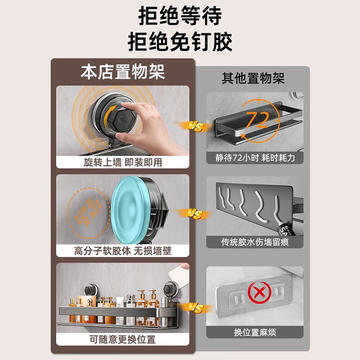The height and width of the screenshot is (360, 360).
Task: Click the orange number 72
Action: (x=257, y=120)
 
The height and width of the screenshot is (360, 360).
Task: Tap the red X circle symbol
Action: (x=260, y=292)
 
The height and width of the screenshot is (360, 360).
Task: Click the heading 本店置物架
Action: (x=123, y=72)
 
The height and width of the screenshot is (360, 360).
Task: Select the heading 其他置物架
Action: (x=253, y=78)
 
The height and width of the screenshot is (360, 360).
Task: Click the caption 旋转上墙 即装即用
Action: (x=123, y=163)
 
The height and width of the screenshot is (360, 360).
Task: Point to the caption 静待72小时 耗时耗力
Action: (x=255, y=158)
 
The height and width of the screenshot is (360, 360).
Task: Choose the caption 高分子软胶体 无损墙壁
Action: (x=123, y=251)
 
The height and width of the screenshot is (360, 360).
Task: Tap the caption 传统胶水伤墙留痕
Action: (x=255, y=242)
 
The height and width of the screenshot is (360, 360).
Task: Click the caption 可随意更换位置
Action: (x=123, y=339)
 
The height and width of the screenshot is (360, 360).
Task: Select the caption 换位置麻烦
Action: (x=255, y=332)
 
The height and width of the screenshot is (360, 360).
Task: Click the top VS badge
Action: (x=195, y=127)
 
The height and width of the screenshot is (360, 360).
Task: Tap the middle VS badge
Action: (x=195, y=214)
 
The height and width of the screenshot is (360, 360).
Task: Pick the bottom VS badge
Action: (x=195, y=308)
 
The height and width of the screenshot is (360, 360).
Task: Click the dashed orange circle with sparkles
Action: (x=88, y=213)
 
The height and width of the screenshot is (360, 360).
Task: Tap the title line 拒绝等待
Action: (x=180, y=16)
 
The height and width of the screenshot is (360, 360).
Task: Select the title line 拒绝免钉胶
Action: (x=180, y=42)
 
